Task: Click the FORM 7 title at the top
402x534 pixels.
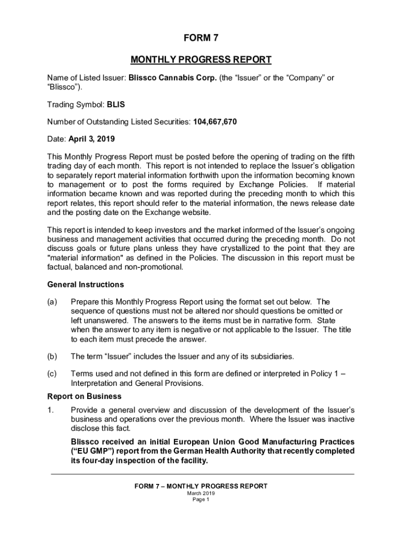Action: coord(201,38)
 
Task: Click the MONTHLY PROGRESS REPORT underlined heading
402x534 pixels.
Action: coord(201,59)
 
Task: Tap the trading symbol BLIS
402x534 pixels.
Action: coord(116,104)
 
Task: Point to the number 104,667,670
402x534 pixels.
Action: coord(215,122)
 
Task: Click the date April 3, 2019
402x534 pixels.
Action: coord(92,139)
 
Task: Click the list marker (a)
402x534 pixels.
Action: coord(52,302)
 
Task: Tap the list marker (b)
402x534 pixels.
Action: coord(52,356)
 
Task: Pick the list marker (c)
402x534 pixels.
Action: coord(52,373)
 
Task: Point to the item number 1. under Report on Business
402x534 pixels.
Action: coord(50,410)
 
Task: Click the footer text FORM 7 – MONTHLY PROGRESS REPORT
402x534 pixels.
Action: coord(201,486)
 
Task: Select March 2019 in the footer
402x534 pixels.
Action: coord(201,493)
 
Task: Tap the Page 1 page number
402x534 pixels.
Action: coord(201,500)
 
